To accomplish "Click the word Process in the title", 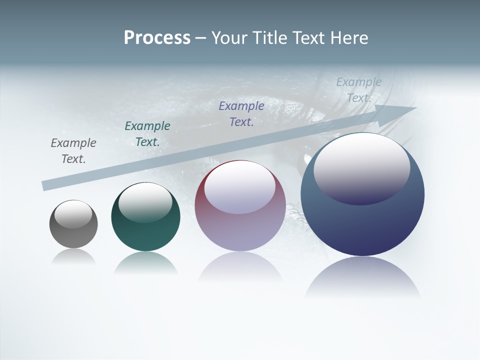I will (157, 38).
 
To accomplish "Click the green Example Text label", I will (147, 134).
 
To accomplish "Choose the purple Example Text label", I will (241, 114).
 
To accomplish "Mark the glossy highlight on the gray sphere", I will (73, 213).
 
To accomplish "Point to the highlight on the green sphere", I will (145, 201).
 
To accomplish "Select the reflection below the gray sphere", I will (73, 257).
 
